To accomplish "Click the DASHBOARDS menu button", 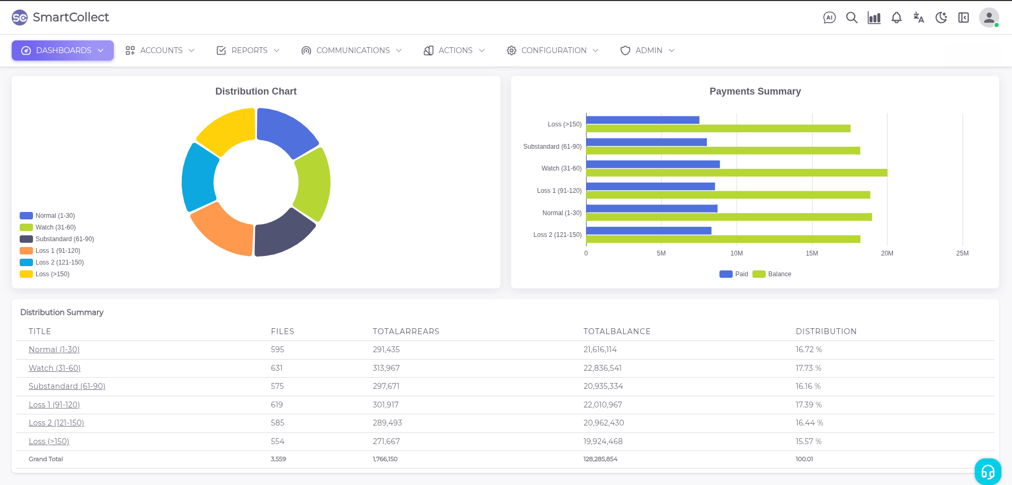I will [x=63, y=50].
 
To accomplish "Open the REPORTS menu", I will [x=248, y=50].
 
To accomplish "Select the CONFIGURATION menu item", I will [x=553, y=50].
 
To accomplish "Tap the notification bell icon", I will [x=897, y=18].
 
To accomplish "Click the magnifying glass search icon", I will [x=851, y=18].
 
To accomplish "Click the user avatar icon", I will [x=989, y=18].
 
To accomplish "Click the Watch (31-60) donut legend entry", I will [x=55, y=227].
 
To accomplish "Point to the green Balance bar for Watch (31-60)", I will [x=737, y=173].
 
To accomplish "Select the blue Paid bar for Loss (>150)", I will [x=642, y=120].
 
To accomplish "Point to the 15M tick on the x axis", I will [x=812, y=253].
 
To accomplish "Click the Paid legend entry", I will [x=734, y=274].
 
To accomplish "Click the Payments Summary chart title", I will [x=755, y=91].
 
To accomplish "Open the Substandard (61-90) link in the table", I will [x=67, y=386].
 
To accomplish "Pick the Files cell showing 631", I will [x=277, y=368].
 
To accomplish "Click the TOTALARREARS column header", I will [x=406, y=331].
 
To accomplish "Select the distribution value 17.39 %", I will [x=808, y=405].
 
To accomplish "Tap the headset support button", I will [x=988, y=471].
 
